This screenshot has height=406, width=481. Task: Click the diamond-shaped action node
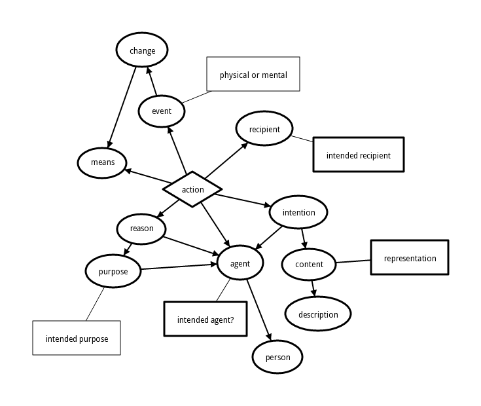click(x=192, y=190)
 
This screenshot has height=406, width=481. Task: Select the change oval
click(x=142, y=50)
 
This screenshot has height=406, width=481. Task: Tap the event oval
click(x=161, y=111)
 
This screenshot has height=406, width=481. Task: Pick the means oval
click(x=102, y=163)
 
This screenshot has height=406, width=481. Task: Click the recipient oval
click(x=264, y=129)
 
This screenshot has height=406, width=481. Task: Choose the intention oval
click(x=298, y=212)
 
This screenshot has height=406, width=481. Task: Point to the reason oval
click(x=141, y=229)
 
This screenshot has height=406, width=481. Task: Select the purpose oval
click(x=113, y=271)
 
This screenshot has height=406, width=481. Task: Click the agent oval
click(x=240, y=263)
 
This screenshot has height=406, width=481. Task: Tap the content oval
click(x=309, y=265)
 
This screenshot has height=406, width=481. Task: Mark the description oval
click(x=318, y=314)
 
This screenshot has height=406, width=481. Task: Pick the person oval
click(x=277, y=358)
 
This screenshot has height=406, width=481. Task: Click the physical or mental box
click(x=253, y=75)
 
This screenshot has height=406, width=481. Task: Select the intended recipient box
click(x=358, y=155)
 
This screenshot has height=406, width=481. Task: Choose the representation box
click(x=410, y=258)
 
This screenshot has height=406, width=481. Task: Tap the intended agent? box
click(x=205, y=320)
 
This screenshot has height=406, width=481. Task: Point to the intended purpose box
click(x=77, y=339)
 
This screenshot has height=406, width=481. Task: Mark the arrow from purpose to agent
click(x=179, y=267)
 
